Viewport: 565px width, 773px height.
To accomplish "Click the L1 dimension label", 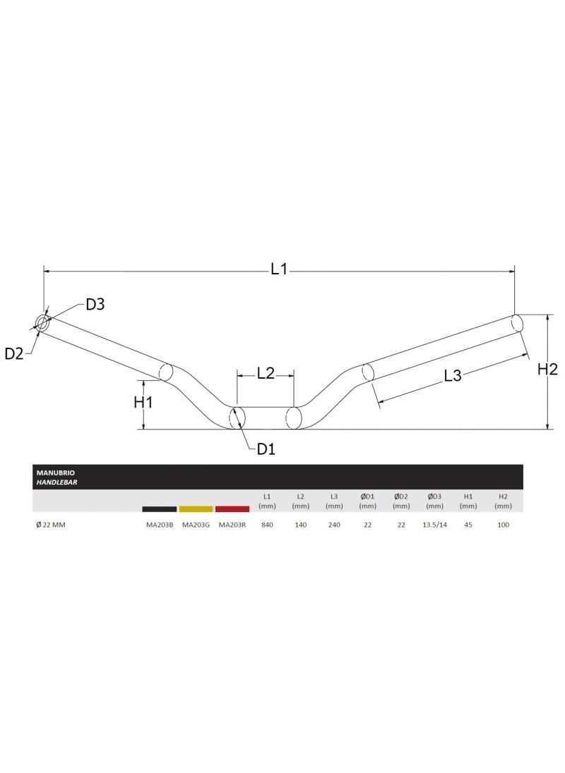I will tap(279, 269).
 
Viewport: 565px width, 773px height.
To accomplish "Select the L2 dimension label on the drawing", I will tap(265, 374).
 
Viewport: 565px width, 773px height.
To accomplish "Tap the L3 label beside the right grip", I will tap(453, 376).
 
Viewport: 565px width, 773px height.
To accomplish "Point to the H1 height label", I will tap(143, 402).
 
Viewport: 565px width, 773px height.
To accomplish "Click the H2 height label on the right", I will tap(547, 369).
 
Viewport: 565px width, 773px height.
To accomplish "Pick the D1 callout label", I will tap(266, 449).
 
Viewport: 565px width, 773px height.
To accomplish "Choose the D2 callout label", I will tap(14, 354).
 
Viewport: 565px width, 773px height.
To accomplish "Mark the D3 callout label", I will tap(95, 305).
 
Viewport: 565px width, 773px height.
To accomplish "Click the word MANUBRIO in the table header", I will tap(50, 473).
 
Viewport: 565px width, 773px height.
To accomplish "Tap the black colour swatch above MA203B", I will tap(159, 509).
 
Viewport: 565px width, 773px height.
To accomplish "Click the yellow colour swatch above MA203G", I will tap(196, 509).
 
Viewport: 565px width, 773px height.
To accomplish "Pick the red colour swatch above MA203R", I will tap(232, 509).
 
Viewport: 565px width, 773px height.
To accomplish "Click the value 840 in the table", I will tap(266, 525).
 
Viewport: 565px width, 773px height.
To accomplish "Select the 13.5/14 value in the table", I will tap(434, 525).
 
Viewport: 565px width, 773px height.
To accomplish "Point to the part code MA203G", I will tap(196, 525).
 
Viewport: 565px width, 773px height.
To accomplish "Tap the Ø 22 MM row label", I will tap(50, 525).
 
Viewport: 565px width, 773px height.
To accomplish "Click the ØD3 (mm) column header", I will tap(434, 501).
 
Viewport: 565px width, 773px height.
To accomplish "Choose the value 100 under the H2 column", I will tap(503, 525).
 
